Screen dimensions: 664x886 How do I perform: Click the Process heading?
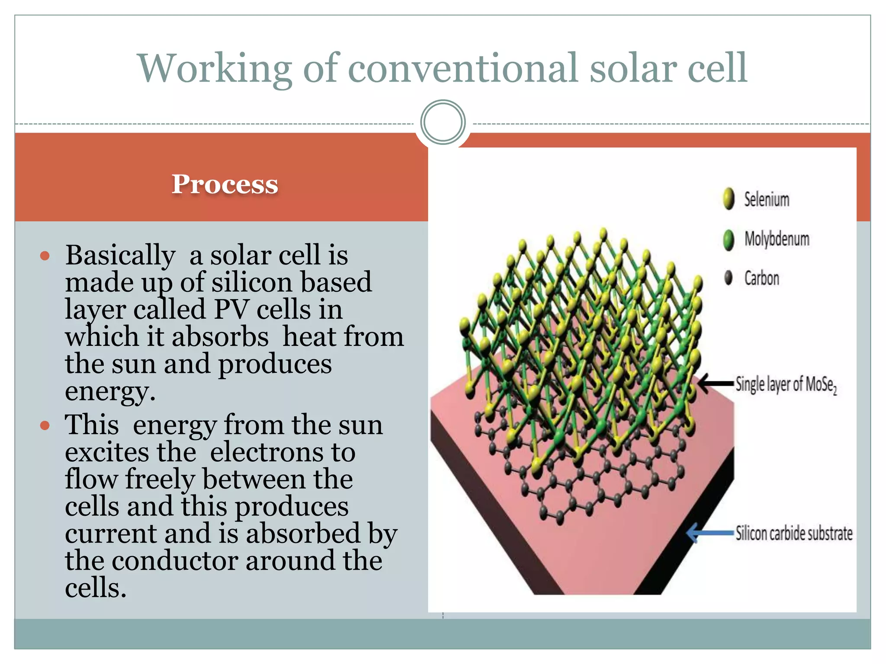tap(225, 184)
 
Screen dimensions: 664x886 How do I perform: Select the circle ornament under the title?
tap(443, 122)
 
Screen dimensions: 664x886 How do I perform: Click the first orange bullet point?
tap(45, 256)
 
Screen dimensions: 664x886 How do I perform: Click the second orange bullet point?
tap(45, 426)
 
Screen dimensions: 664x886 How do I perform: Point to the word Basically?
tap(120, 256)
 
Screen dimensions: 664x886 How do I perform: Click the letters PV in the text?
tap(231, 310)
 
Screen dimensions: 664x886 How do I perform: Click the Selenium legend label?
tap(766, 200)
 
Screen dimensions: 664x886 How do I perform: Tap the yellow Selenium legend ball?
tap(729, 199)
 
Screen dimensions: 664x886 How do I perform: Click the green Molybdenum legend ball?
tap(729, 239)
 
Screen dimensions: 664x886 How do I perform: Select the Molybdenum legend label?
tap(777, 239)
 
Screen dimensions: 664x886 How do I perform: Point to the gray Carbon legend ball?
tap(729, 278)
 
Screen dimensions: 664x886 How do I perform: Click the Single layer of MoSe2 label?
tap(786, 384)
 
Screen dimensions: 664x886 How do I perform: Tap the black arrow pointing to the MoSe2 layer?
tap(716, 383)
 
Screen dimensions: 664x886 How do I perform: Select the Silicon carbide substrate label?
tap(793, 533)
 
